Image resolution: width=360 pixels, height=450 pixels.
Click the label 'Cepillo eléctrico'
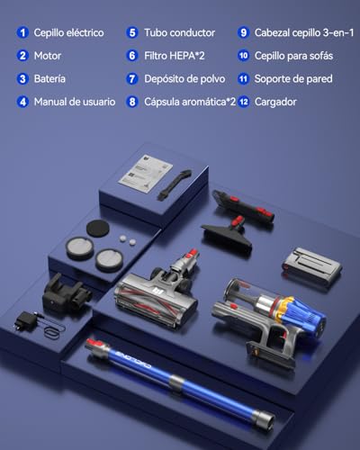(67, 32)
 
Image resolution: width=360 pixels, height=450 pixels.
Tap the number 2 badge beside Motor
(22, 56)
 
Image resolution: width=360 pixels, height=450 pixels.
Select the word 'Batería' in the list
(49, 79)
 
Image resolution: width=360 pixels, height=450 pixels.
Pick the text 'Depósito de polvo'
(185, 79)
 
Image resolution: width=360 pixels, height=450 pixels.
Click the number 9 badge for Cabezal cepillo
(243, 32)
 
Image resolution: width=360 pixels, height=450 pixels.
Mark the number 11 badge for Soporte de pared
(243, 79)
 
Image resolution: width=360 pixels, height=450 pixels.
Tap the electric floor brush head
(157, 293)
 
